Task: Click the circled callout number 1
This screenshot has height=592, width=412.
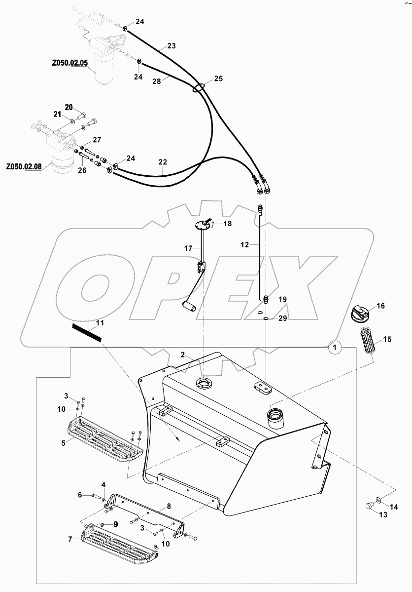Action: (335, 348)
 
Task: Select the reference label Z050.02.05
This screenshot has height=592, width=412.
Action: (69, 63)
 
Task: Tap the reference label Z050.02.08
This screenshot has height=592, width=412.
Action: (24, 167)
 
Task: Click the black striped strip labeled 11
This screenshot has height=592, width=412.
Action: (86, 332)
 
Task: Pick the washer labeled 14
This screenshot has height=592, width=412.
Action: (378, 501)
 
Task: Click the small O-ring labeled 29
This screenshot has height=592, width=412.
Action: (266, 319)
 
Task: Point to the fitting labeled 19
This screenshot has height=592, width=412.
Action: (266, 299)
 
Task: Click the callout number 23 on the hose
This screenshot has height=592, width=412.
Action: (171, 46)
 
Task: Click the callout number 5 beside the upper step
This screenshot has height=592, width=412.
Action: (64, 443)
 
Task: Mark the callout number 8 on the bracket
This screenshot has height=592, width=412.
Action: (169, 506)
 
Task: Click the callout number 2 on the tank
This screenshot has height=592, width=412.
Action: (182, 355)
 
